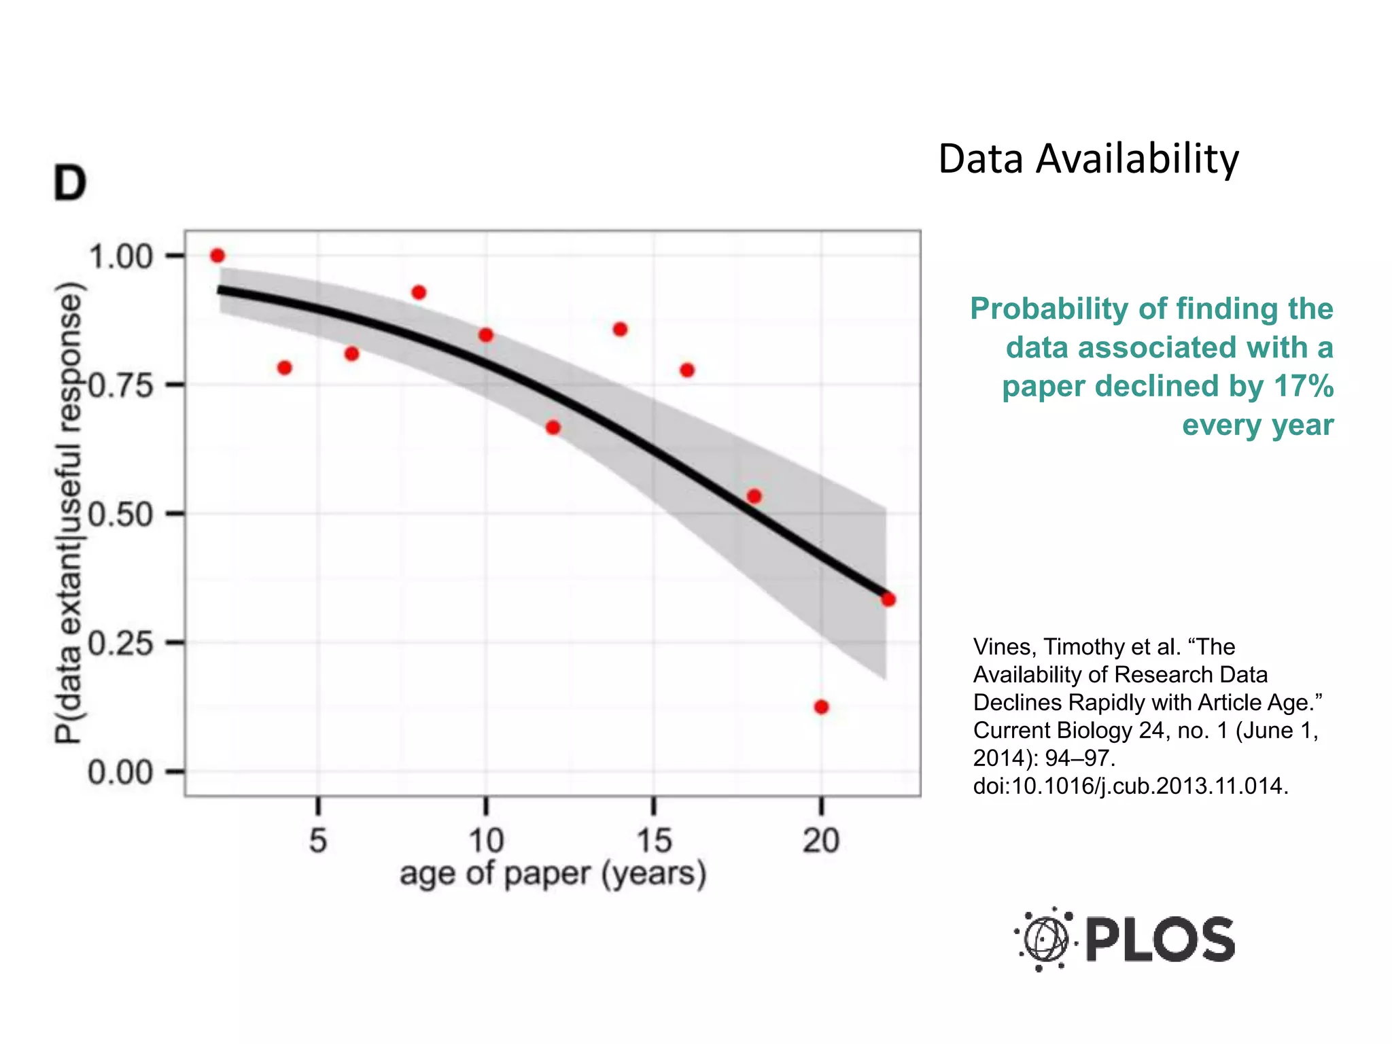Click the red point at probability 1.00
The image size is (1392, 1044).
point(217,256)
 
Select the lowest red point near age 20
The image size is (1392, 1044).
point(821,707)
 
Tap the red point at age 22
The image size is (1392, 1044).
point(888,599)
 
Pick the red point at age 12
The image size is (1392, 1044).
point(553,428)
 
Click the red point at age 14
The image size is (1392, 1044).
point(620,330)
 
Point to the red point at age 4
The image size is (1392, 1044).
point(285,368)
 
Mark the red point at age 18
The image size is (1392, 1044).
point(754,496)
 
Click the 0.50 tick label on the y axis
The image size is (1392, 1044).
point(120,515)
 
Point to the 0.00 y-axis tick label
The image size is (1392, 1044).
point(120,773)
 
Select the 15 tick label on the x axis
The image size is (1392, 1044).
point(653,841)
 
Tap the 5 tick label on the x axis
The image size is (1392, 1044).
point(318,841)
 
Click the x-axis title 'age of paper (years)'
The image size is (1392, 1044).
point(553,873)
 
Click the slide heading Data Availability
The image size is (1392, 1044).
point(1088,159)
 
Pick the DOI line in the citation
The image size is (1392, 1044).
point(1130,786)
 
